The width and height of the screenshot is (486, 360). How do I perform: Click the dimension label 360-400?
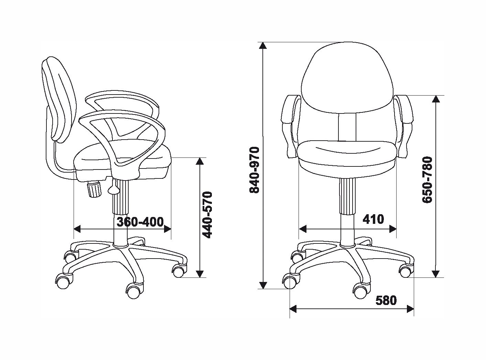(140, 222)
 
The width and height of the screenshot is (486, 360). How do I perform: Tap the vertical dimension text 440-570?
(207, 215)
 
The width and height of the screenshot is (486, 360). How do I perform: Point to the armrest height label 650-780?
(428, 179)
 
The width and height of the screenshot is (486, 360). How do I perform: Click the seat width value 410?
(374, 219)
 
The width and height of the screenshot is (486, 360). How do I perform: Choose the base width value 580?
(386, 301)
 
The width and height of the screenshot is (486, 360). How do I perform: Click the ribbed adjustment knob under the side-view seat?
(95, 189)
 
